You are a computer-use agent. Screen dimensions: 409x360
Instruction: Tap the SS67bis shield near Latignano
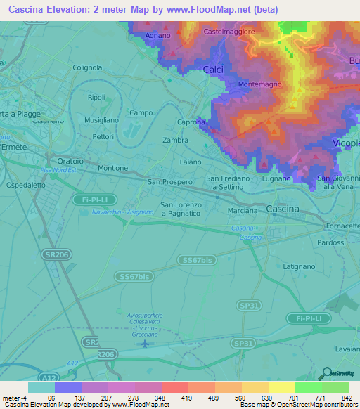pos(198,260)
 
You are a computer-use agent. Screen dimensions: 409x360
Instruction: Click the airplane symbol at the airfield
pos(145,344)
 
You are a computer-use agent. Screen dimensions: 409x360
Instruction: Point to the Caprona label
pos(191,122)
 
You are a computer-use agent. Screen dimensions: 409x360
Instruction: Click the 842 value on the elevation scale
pos(345,398)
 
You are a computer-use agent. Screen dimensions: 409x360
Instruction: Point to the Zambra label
pos(175,141)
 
